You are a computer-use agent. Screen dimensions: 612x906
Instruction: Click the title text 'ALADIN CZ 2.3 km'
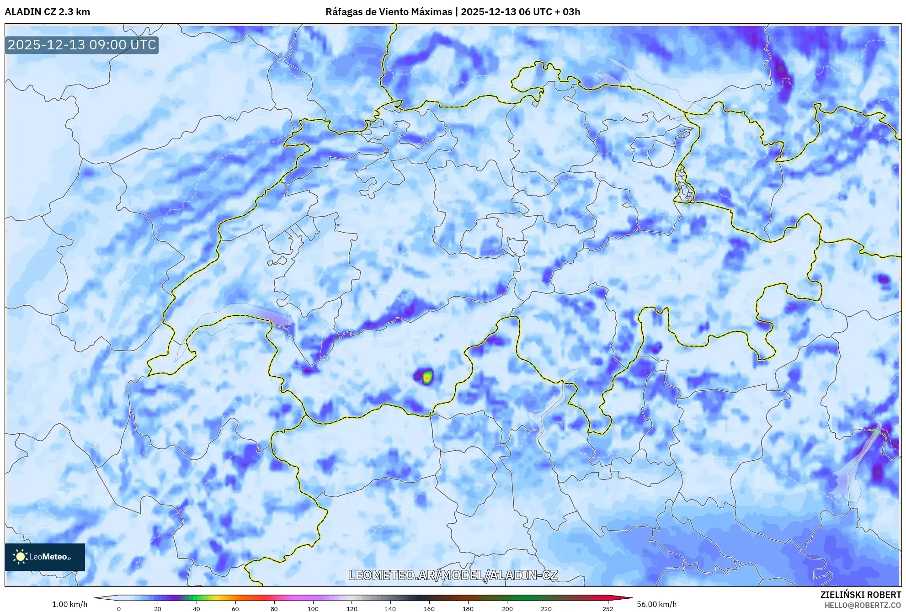(47, 12)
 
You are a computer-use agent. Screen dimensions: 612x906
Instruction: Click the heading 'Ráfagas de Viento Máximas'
(389, 12)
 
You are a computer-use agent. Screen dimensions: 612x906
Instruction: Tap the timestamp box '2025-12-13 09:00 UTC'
(82, 45)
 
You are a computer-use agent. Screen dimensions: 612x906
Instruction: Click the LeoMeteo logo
(45, 557)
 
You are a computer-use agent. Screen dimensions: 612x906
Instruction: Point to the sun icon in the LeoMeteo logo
(20, 557)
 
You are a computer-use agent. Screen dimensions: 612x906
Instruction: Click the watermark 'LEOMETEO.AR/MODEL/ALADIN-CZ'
(453, 575)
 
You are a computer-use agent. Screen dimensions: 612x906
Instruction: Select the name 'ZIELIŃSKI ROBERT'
(860, 595)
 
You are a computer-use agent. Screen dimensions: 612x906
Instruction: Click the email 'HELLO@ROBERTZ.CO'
(863, 605)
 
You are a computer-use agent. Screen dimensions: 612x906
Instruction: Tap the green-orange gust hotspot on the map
(427, 377)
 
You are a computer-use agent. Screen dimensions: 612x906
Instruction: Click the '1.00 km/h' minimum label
(69, 604)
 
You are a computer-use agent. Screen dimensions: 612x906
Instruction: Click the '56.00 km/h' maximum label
(656, 604)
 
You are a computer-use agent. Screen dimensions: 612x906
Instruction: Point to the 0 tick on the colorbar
(119, 608)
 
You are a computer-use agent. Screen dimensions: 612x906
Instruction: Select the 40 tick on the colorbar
(197, 608)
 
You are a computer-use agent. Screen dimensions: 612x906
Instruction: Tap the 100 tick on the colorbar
(313, 608)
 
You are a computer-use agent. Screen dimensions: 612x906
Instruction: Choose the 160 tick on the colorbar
(429, 608)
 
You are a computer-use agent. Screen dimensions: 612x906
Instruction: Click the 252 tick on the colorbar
(608, 608)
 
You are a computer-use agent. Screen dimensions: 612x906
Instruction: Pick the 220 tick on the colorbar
(546, 608)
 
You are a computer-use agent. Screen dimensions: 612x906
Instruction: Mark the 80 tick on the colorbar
(274, 608)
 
